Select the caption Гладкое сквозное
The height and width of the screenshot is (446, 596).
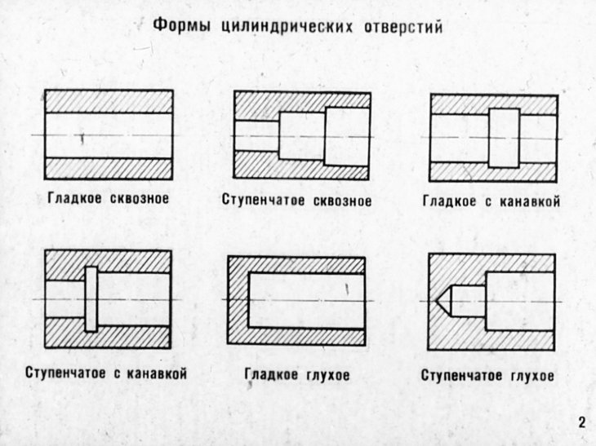108,198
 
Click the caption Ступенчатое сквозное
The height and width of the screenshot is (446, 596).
296,200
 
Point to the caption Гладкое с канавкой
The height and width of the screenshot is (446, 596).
491,200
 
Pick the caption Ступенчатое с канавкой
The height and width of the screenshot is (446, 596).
107,373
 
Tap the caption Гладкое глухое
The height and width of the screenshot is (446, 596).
297,375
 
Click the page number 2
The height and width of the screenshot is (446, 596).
581,422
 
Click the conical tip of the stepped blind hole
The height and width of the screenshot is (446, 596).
445,301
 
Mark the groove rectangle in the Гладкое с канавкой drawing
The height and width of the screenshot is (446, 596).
504,137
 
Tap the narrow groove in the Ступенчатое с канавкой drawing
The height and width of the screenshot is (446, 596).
91,298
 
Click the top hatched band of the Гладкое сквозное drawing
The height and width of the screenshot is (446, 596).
108,100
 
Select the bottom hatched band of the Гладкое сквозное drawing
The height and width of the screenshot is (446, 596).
108,168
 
